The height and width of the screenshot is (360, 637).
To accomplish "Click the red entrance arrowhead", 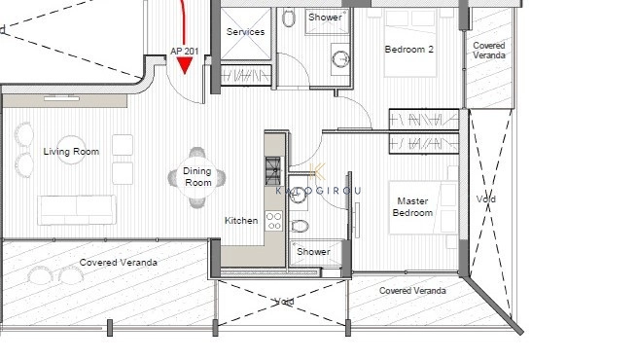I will pyautogui.click(x=185, y=65).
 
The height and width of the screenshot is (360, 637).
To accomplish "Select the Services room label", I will pyautogui.click(x=245, y=32).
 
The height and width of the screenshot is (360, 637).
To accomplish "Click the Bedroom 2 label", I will pyautogui.click(x=408, y=50).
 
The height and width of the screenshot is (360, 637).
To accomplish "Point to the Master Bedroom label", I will pyautogui.click(x=411, y=207).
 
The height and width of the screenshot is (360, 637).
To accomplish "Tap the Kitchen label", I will pyautogui.click(x=241, y=221).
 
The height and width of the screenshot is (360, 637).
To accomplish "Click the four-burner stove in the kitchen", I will pyautogui.click(x=274, y=225).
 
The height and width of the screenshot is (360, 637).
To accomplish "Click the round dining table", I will pyautogui.click(x=197, y=177).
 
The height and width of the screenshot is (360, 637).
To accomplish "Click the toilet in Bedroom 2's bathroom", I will pyautogui.click(x=289, y=18).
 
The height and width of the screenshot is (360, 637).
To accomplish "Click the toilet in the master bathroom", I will pyautogui.click(x=301, y=227).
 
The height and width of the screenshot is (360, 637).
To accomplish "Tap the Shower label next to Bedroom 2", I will pyautogui.click(x=325, y=18).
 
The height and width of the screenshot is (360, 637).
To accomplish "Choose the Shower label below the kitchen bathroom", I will pyautogui.click(x=313, y=252).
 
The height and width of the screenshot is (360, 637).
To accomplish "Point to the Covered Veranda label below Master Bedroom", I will pyautogui.click(x=412, y=290).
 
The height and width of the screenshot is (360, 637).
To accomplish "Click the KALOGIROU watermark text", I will pyautogui.click(x=319, y=191).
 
